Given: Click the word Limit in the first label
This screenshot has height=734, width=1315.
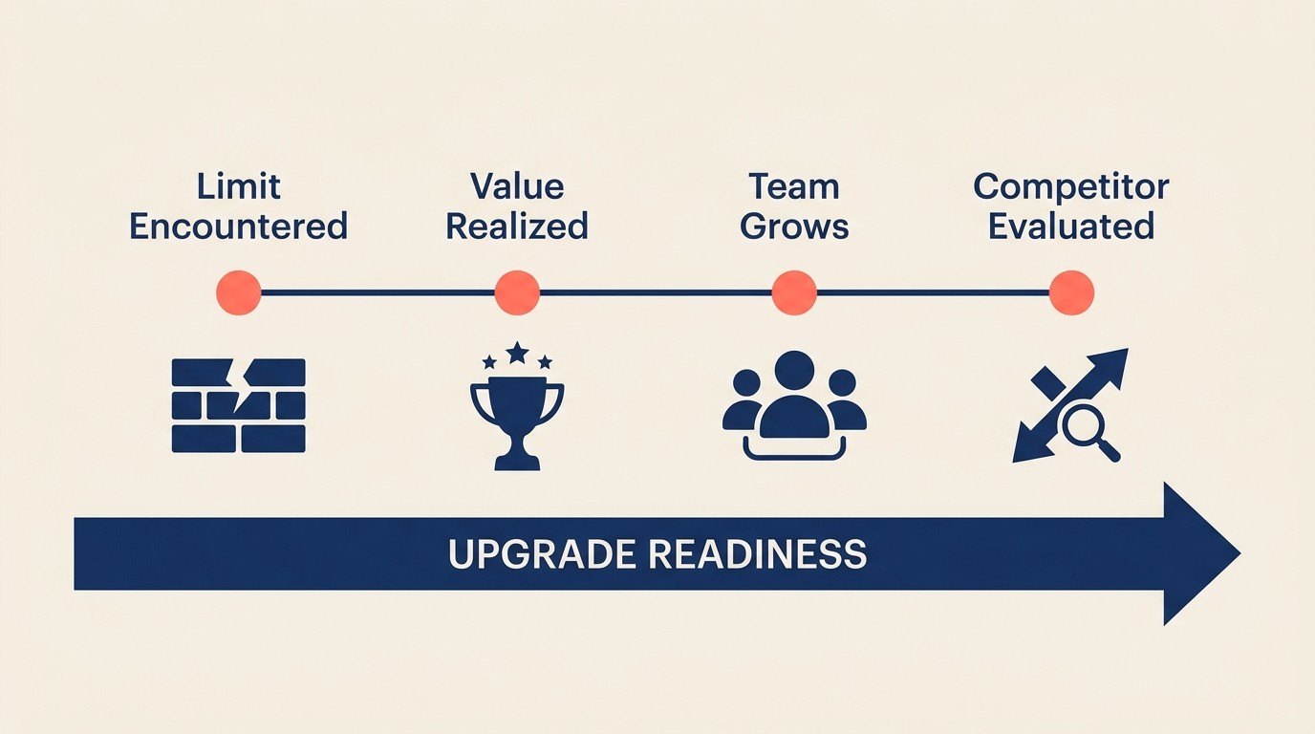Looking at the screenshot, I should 238,185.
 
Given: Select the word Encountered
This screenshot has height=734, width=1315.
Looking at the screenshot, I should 238,227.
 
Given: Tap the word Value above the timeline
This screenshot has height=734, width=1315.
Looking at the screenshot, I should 517,185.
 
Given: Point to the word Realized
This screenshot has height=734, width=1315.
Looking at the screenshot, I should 517,227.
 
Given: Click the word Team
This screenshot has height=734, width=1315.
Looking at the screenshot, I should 794,185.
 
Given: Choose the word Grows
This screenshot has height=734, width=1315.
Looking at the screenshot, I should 794,227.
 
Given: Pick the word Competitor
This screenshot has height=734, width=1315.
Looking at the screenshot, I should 1070,185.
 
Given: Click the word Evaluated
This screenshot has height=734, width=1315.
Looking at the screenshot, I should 1070,227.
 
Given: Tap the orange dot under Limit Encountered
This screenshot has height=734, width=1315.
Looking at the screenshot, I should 239,292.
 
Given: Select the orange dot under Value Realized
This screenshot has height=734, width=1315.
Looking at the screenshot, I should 517,292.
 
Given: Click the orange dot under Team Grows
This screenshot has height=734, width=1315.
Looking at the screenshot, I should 794,292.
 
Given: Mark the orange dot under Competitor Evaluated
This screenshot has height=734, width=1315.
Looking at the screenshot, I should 1071,292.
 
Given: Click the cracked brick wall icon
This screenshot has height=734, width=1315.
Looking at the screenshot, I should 238,405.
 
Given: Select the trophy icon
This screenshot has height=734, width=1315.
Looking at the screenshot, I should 517,421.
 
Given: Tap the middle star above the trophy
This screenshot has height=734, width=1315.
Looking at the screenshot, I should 517,353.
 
